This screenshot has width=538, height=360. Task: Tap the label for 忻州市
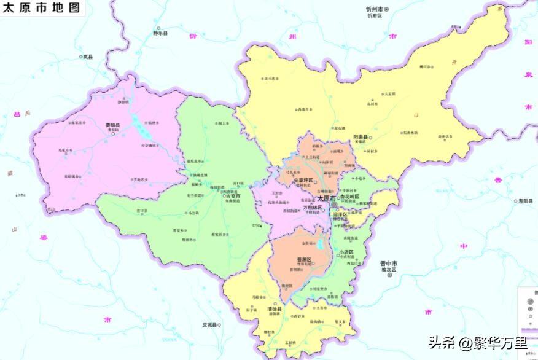(x=374, y=9)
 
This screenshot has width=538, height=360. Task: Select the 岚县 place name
(x=88, y=57)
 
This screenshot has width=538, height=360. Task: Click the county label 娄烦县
(x=112, y=125)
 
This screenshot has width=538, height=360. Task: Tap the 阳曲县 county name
(x=361, y=136)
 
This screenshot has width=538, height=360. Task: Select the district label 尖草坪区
(x=303, y=180)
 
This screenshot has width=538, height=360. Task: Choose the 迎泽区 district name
(x=340, y=214)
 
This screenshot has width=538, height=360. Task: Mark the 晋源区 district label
(x=305, y=259)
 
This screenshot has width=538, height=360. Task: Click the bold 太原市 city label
(x=326, y=199)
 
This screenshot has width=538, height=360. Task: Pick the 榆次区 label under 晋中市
(x=390, y=270)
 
